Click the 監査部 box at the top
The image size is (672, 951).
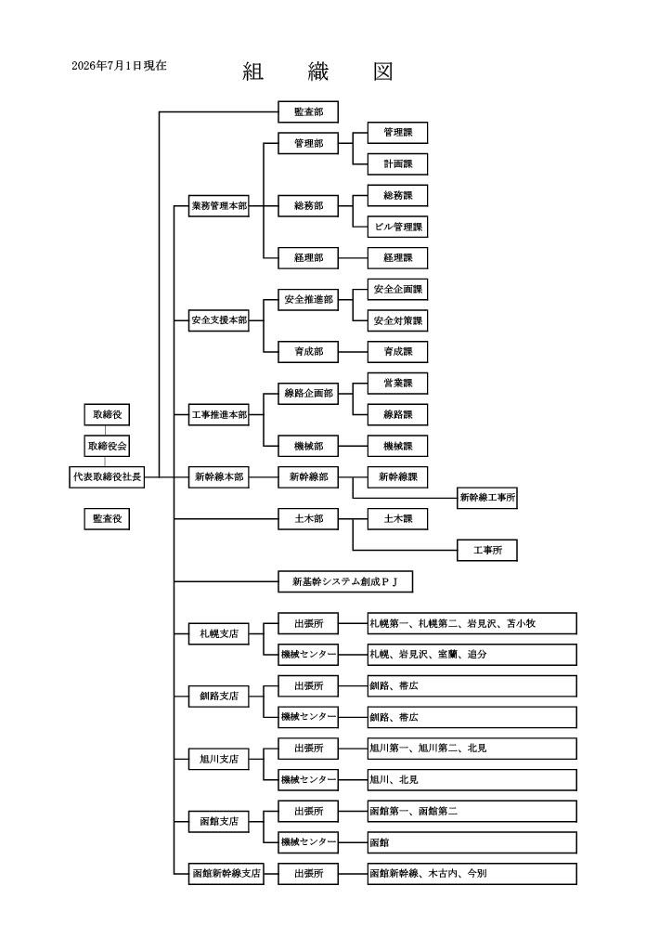point(308,112)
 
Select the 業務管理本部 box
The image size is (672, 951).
point(219,206)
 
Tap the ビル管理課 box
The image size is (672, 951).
point(397,227)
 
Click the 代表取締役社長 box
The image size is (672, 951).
point(107,477)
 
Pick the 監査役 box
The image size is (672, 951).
point(107,519)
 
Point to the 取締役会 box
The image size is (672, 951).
point(107,447)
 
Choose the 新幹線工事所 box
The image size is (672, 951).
point(487,498)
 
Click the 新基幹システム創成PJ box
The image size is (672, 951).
point(345,582)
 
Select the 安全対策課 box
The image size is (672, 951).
point(397,320)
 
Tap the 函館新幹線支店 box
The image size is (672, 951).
point(226,874)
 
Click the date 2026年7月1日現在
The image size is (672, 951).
point(119,66)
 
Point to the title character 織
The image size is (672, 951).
point(318,72)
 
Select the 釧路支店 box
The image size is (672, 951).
point(219,697)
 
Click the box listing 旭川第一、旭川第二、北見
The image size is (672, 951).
point(472,749)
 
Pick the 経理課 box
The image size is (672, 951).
point(397,258)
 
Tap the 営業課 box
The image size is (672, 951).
point(397,384)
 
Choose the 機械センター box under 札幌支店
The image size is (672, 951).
point(308,655)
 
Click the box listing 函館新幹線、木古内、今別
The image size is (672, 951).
point(472,874)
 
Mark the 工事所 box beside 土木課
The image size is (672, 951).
point(487,551)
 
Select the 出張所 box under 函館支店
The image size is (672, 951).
point(308,812)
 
